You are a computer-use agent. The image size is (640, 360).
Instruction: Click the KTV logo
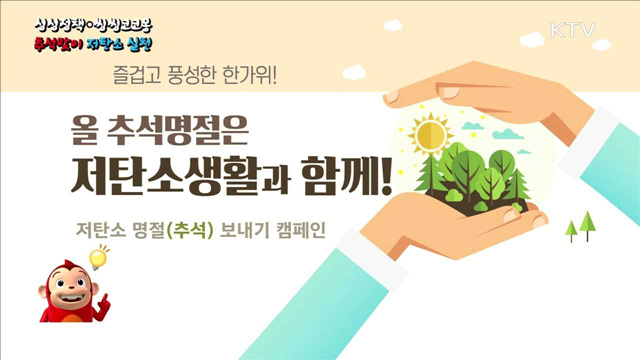[572, 29]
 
